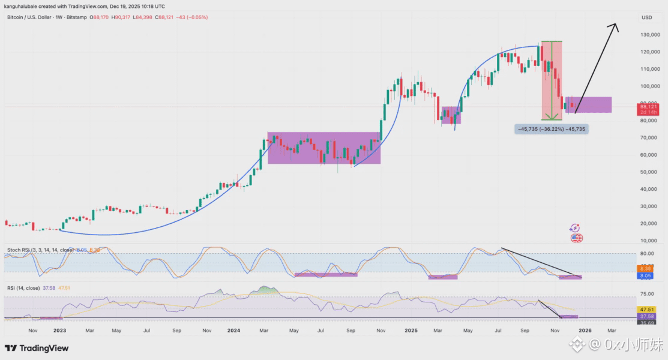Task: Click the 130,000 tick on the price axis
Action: pyautogui.click(x=650, y=35)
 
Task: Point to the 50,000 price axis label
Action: pyautogui.click(x=649, y=172)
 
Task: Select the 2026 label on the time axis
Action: pyautogui.click(x=586, y=330)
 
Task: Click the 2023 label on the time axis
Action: pyautogui.click(x=59, y=330)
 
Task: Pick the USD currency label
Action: pyautogui.click(x=646, y=17)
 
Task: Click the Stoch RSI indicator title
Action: pyautogui.click(x=38, y=250)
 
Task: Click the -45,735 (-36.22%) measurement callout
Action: pyautogui.click(x=550, y=129)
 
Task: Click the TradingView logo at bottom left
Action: pyautogui.click(x=37, y=348)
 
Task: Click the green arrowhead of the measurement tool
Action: pyautogui.click(x=551, y=118)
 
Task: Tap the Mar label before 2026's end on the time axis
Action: pyautogui.click(x=612, y=330)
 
